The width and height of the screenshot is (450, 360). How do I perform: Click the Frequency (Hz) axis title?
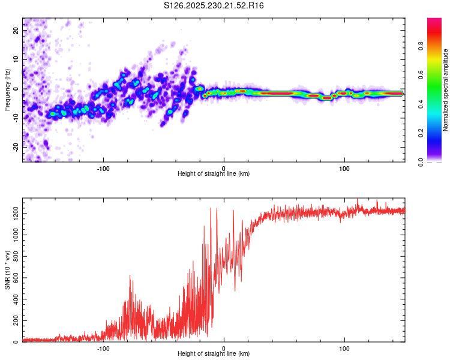[x=7, y=89]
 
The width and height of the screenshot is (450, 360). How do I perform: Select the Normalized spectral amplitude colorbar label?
[x=445, y=90]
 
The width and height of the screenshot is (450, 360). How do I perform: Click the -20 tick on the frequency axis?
[x=16, y=147]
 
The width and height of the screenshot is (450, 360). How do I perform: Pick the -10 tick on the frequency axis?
[x=16, y=118]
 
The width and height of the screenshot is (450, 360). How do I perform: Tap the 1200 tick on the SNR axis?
[x=13, y=214]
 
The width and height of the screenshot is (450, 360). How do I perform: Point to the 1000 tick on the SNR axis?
[x=13, y=235]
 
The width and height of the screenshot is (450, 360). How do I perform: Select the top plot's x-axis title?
[x=214, y=174]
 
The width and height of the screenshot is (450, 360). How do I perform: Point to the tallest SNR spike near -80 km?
[x=130, y=275]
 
